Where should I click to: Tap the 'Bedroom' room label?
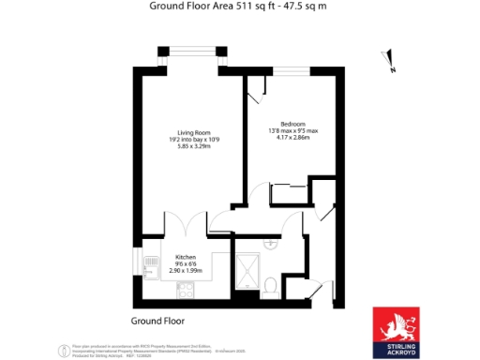pyautogui.click(x=292, y=124)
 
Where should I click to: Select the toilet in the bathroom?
pyautogui.click(x=269, y=285)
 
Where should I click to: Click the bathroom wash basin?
pyautogui.click(x=271, y=242)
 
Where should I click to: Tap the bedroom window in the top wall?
pyautogui.click(x=291, y=70)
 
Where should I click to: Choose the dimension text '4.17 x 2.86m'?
pyautogui.click(x=292, y=140)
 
